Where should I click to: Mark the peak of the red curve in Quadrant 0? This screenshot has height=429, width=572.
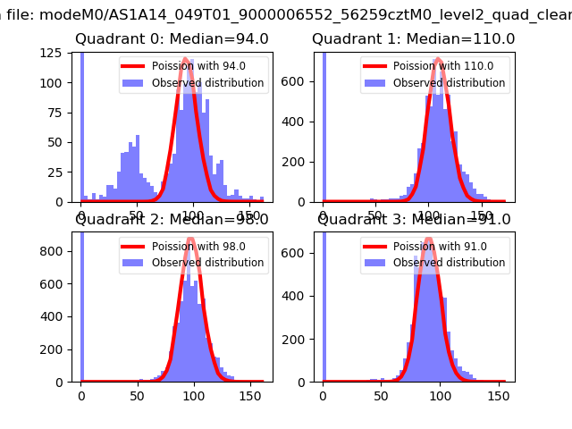click(185, 59)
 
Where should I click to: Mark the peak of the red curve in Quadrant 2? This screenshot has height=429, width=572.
click(190, 239)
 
